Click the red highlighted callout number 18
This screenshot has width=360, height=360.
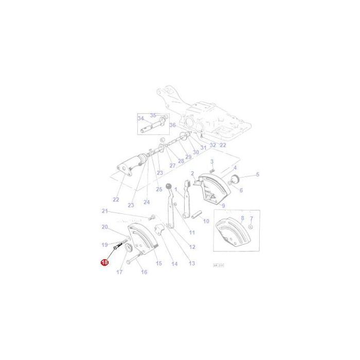[104, 262]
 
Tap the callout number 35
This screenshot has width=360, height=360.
[153, 115]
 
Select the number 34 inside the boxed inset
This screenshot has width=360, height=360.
[140, 118]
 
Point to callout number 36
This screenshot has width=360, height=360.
[172, 125]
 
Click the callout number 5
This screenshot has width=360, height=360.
[258, 174]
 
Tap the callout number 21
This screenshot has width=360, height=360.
[105, 211]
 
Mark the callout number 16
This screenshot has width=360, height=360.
[144, 272]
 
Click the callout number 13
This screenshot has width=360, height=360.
[192, 263]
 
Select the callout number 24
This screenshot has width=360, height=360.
[147, 202]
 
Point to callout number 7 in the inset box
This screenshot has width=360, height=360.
[251, 218]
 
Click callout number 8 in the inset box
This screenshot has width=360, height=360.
[242, 218]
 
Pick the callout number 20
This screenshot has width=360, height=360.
[104, 227]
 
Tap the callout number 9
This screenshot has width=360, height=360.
[223, 206]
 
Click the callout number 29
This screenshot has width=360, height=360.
[188, 156]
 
